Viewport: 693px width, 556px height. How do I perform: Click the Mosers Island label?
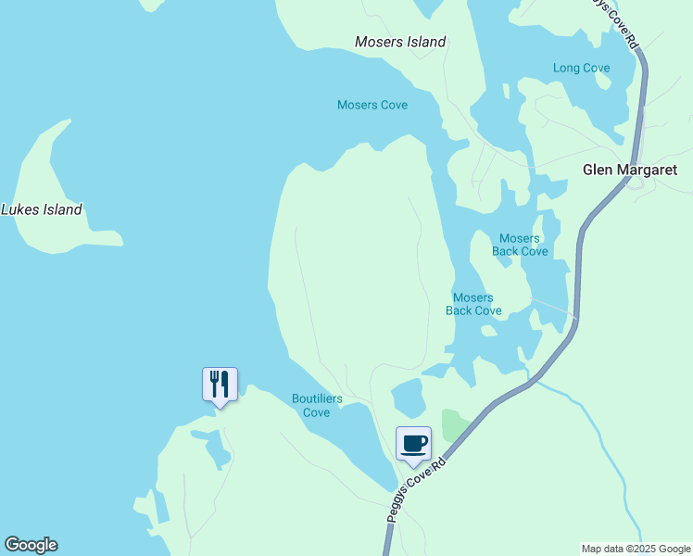pos(400,42)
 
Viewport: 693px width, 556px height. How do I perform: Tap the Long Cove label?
pos(581,68)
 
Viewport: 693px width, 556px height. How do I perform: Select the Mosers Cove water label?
pos(372,105)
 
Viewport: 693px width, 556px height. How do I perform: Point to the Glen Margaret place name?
pos(630,170)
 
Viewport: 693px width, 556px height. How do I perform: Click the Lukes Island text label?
pos(42,209)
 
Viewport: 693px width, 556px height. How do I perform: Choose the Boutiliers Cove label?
pos(317,405)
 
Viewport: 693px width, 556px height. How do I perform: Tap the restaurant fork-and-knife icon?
pos(220,383)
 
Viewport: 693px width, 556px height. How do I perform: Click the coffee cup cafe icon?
pos(413,442)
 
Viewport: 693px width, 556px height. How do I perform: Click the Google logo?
pos(31,545)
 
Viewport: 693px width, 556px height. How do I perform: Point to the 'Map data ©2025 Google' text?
pos(636,549)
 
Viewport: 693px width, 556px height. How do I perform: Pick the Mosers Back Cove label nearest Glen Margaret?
pos(520,245)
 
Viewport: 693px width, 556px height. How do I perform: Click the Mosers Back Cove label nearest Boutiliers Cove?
pos(473,304)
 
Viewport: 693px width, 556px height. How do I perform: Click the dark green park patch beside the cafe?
pos(454,423)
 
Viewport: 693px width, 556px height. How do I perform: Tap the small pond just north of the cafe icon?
pos(408,399)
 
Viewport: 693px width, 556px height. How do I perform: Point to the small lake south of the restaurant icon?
pos(219,449)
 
